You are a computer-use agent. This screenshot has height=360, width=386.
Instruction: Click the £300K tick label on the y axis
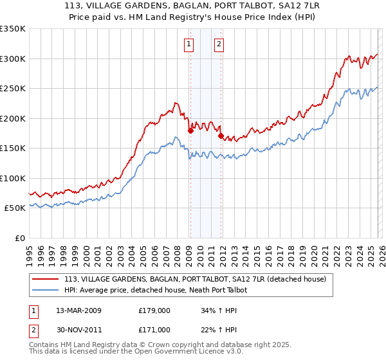13,59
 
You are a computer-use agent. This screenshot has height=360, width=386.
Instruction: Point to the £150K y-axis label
13,148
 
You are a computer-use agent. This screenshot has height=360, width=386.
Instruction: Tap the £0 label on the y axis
19,238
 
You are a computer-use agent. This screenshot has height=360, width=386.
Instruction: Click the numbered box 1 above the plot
189,44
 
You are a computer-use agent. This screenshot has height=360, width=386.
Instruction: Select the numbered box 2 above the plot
219,44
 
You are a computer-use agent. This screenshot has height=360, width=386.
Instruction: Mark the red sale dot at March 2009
190,131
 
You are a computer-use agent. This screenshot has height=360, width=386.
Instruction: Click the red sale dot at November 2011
221,136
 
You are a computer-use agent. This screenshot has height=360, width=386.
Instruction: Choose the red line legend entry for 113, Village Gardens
196,279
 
